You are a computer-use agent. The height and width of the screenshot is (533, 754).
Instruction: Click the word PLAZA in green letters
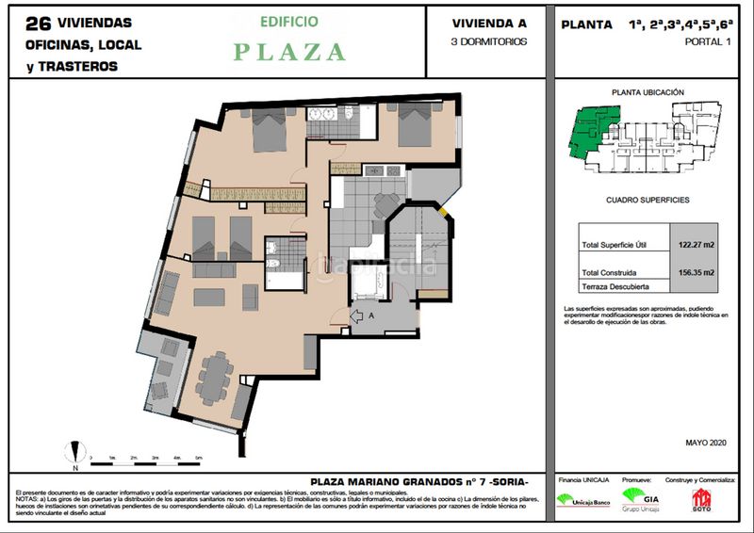click(289, 52)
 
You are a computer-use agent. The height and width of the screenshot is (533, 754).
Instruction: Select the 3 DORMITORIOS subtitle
click(489, 41)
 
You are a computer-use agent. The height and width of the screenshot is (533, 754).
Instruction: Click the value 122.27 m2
click(696, 245)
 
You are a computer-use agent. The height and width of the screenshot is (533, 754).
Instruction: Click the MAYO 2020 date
click(706, 442)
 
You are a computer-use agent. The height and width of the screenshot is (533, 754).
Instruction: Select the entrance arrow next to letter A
click(359, 316)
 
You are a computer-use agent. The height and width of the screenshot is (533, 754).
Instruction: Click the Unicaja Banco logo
click(580, 500)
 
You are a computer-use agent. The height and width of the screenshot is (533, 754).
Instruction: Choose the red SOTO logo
click(701, 499)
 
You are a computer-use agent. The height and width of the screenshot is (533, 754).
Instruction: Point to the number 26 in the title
click(39, 23)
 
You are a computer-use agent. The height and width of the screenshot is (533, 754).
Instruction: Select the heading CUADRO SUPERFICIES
click(647, 201)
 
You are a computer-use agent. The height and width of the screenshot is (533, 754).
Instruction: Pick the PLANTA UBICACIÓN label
click(647, 92)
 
